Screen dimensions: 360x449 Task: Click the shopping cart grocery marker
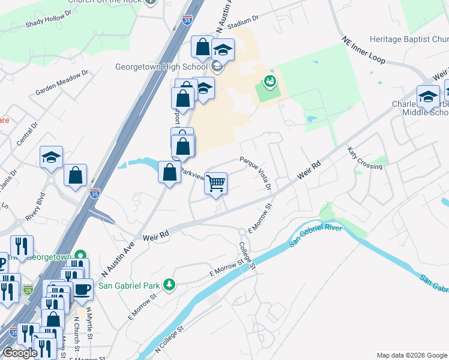click(216, 184)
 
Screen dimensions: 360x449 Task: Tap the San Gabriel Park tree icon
click(170, 284)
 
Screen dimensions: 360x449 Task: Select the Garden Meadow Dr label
click(62, 82)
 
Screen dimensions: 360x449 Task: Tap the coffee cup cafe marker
click(82, 290)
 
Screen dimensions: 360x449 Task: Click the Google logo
click(20, 353)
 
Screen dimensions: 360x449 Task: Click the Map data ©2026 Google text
click(411, 355)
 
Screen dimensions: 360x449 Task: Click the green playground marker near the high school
click(269, 81)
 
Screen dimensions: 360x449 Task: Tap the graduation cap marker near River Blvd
click(52, 158)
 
